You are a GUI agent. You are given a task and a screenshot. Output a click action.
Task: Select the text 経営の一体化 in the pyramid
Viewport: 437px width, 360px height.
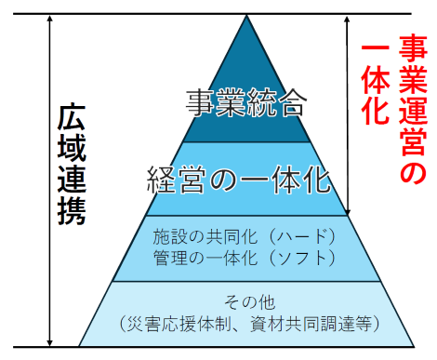(240, 179)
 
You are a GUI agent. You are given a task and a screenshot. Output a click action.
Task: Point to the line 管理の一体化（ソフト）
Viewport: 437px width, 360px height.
(242, 256)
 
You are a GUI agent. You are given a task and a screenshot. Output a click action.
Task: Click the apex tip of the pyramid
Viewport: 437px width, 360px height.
(245, 16)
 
